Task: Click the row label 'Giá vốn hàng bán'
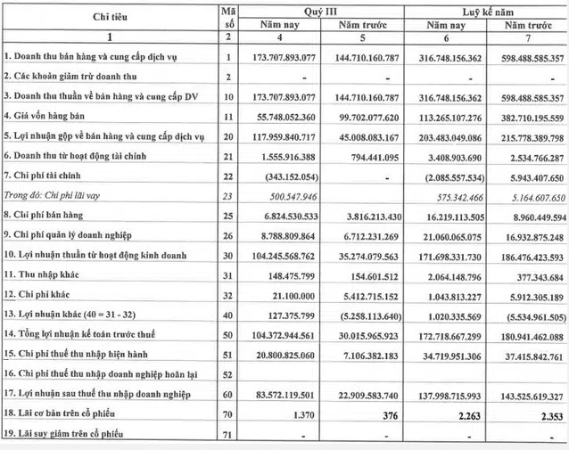52,115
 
